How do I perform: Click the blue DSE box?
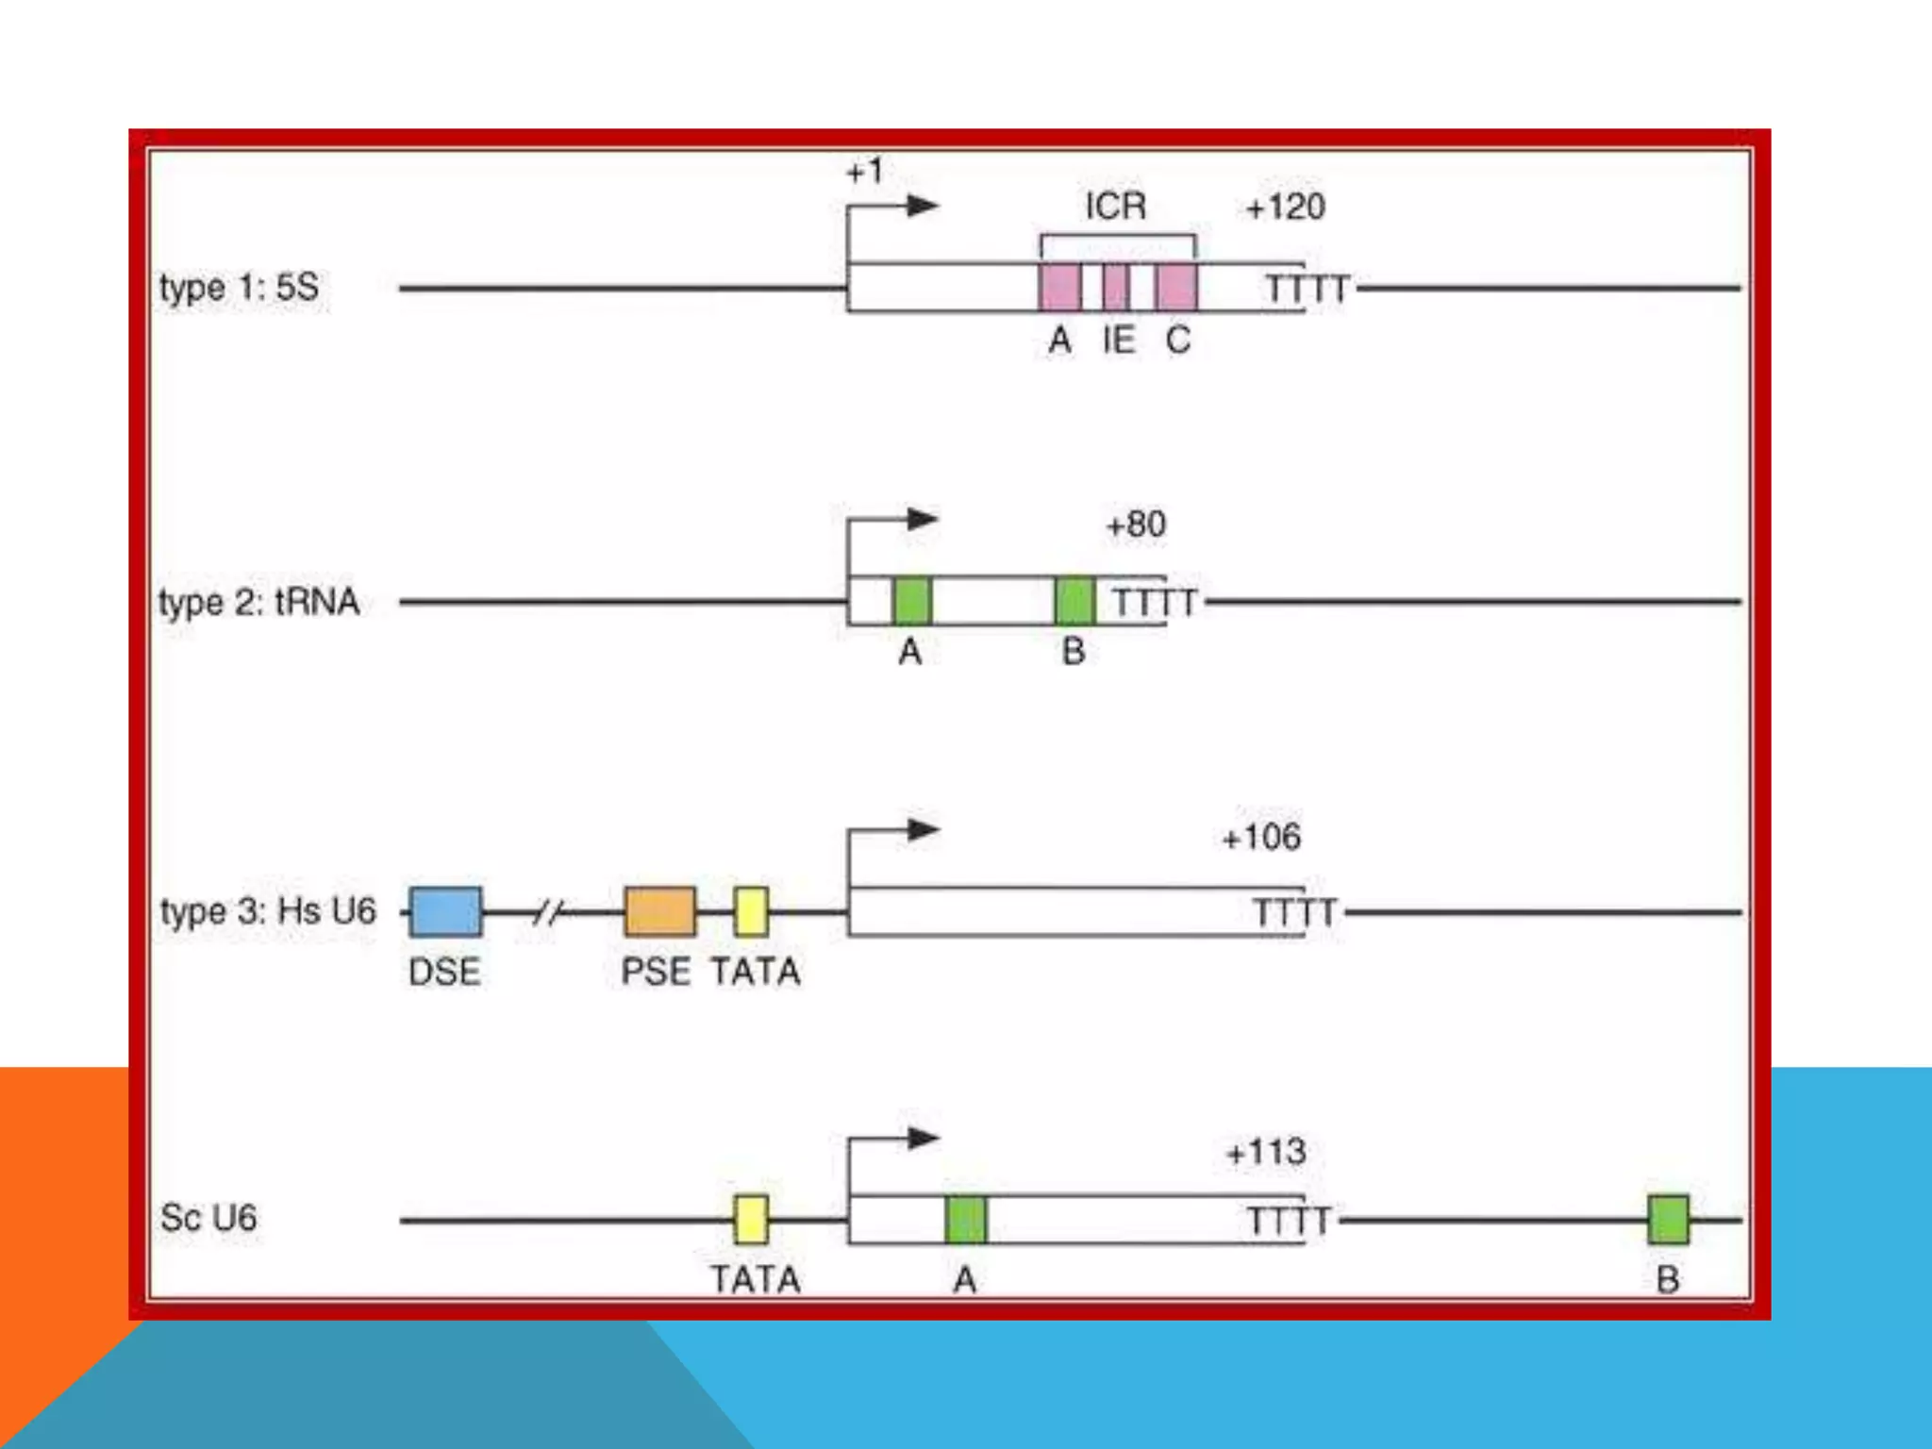pyautogui.click(x=445, y=911)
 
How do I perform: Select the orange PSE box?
pyautogui.click(x=660, y=911)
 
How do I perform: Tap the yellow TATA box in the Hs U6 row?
pyautogui.click(x=751, y=911)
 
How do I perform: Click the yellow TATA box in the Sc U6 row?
pyautogui.click(x=751, y=1219)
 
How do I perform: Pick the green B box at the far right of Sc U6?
pyautogui.click(x=1668, y=1219)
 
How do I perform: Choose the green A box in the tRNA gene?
pyautogui.click(x=911, y=601)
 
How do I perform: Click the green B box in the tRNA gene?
pyautogui.click(x=1074, y=601)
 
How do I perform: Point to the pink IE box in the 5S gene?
pyautogui.click(x=1116, y=287)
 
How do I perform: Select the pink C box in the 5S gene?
pyautogui.click(x=1176, y=287)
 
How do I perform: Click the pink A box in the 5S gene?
pyautogui.click(x=1059, y=287)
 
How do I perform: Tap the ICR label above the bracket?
pyautogui.click(x=1116, y=206)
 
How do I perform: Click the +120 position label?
pyautogui.click(x=1286, y=207)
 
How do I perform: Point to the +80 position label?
pyautogui.click(x=1136, y=524)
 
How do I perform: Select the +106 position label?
pyautogui.click(x=1261, y=837)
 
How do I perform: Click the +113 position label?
pyautogui.click(x=1266, y=1152)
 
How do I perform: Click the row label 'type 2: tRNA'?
pyautogui.click(x=259, y=602)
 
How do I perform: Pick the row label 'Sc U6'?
pyautogui.click(x=208, y=1218)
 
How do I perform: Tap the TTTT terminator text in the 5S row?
pyautogui.click(x=1307, y=289)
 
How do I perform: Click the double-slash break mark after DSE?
pyautogui.click(x=548, y=912)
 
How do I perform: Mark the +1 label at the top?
pyautogui.click(x=865, y=172)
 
